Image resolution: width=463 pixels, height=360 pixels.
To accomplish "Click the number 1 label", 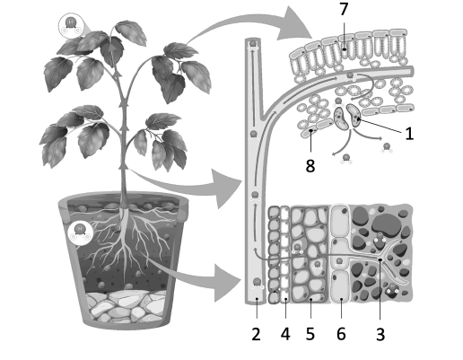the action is click(x=409, y=134).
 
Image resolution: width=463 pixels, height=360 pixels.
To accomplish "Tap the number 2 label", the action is click(x=256, y=334).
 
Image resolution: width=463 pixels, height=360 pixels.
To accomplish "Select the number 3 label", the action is click(x=380, y=334).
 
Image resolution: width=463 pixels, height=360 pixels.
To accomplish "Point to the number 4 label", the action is click(x=285, y=334).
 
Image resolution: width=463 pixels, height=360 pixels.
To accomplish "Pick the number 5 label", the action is click(x=310, y=334).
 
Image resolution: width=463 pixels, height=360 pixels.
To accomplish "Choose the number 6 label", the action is click(x=341, y=334).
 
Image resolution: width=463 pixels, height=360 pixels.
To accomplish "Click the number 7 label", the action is click(x=344, y=9).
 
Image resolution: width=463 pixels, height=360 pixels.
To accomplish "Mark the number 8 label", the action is click(x=310, y=166).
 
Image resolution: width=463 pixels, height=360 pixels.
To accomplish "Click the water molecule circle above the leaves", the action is click(x=71, y=25).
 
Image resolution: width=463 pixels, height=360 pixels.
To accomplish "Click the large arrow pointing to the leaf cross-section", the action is click(x=254, y=25).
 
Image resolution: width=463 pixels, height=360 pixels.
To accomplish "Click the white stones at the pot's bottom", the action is click(x=126, y=307).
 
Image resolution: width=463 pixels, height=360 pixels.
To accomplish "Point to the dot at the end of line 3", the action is click(x=380, y=259).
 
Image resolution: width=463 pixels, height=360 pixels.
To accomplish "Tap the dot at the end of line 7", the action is click(x=345, y=49).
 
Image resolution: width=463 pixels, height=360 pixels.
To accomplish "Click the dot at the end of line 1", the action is click(x=358, y=119).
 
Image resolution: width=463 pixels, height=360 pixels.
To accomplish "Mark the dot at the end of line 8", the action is click(x=311, y=131).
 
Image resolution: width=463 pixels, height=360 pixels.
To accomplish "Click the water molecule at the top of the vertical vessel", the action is click(x=253, y=44).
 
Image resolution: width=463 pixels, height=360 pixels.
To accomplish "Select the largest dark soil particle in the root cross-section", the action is click(x=386, y=223).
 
